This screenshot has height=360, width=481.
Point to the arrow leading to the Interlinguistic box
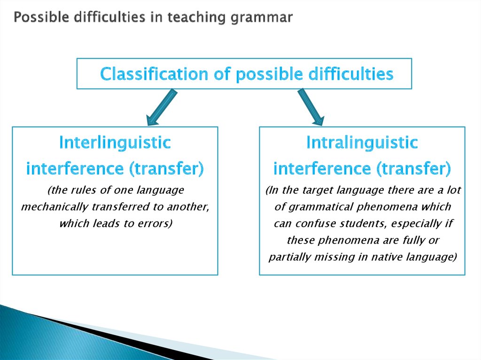coord(162,107)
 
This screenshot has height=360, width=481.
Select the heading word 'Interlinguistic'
coord(115,143)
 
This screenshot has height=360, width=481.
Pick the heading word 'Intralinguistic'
coord(362,143)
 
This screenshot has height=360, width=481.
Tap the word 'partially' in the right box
coord(287,257)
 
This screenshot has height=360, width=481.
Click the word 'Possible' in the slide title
coord(34,17)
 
